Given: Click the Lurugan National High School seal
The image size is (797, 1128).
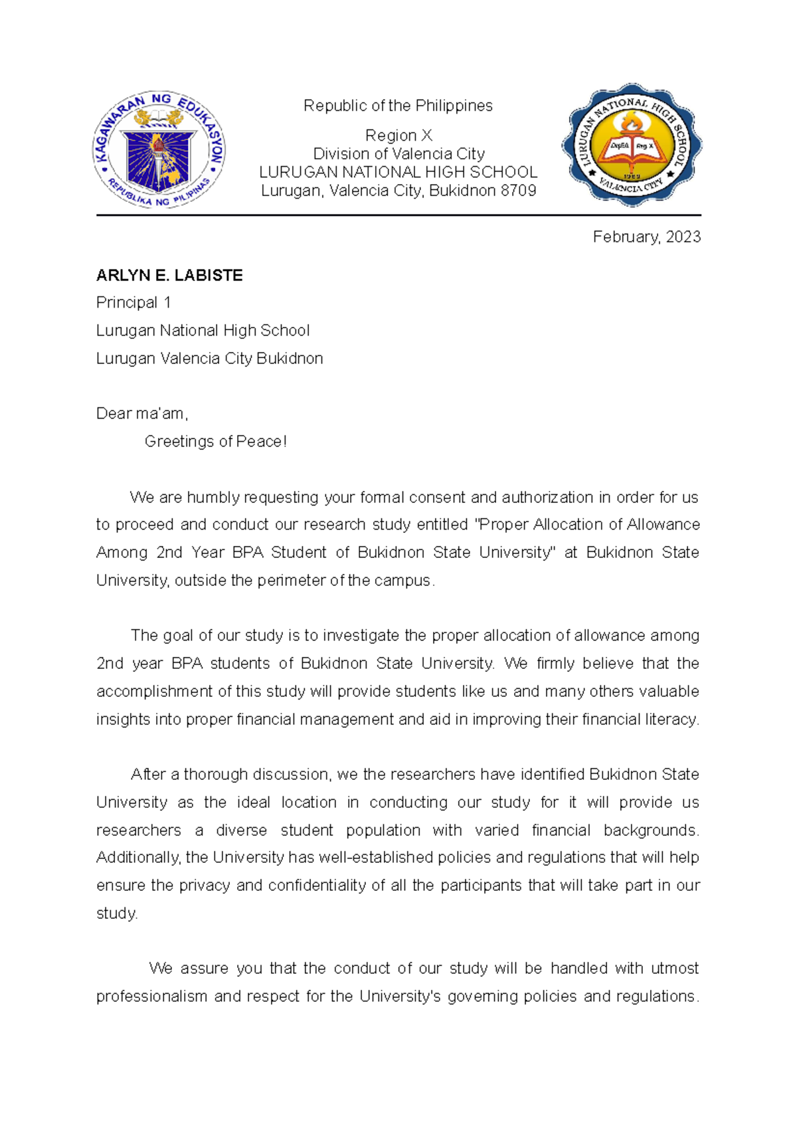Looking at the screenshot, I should click(x=632, y=145).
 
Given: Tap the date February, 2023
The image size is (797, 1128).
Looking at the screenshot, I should click(x=646, y=237).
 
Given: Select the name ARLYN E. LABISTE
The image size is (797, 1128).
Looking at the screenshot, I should click(x=169, y=276).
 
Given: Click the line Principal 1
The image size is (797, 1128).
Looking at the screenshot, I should click(x=133, y=303).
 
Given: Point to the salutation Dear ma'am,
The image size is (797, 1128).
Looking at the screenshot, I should click(x=142, y=414).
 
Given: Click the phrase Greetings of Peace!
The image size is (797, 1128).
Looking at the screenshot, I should click(x=215, y=442).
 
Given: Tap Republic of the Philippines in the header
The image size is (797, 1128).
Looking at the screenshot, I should click(x=398, y=106).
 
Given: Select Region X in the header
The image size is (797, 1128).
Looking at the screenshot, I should click(x=398, y=136).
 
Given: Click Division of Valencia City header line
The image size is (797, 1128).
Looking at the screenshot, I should click(x=398, y=154).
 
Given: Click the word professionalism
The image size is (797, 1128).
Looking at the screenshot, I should click(x=152, y=996).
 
